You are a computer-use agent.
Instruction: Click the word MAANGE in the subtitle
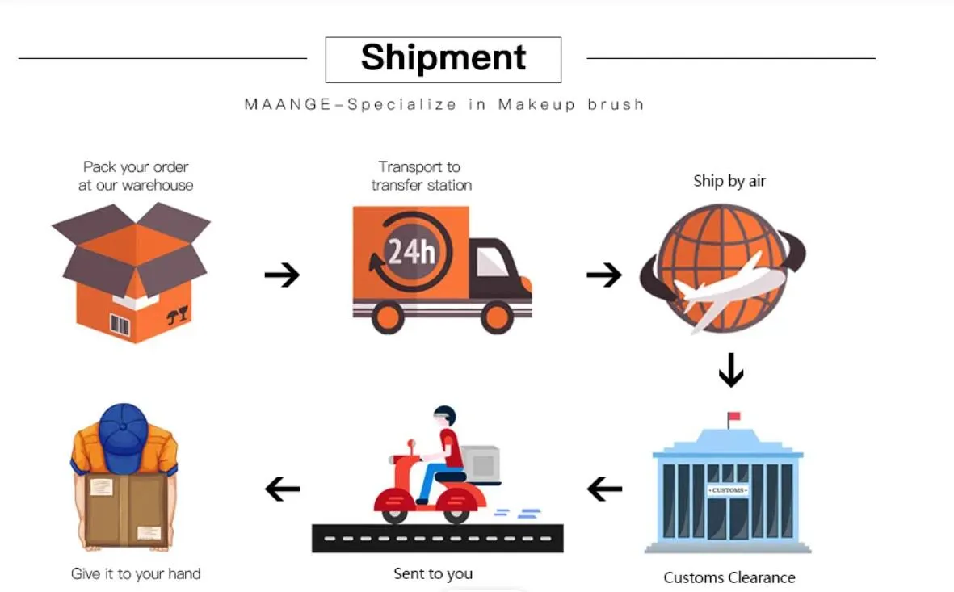[288, 105]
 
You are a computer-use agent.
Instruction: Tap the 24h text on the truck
[411, 251]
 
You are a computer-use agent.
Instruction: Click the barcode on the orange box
[120, 325]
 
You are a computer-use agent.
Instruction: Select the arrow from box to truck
[282, 275]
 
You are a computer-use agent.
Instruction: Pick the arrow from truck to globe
[604, 275]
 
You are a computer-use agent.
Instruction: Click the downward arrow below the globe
[731, 370]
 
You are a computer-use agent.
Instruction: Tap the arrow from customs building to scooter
[605, 489]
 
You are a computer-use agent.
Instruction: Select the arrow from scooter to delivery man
[283, 489]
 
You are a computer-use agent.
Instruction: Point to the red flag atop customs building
[734, 417]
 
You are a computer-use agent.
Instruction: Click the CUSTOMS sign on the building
[728, 490]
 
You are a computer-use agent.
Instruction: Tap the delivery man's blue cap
[123, 437]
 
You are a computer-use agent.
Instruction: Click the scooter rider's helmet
[445, 416]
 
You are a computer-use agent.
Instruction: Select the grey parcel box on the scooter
[481, 464]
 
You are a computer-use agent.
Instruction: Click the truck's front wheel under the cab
[497, 317]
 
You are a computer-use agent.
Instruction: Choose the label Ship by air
[729, 181]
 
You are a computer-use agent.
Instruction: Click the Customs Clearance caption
[729, 577]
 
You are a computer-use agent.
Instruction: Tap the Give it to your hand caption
[136, 573]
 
